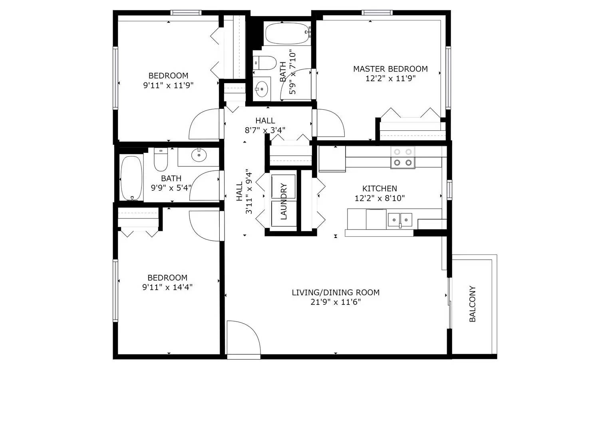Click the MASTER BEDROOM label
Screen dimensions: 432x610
[x=390, y=69]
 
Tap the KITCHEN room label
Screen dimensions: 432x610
[x=380, y=188]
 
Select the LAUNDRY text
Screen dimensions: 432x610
[x=284, y=202]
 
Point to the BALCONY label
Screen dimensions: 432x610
[x=472, y=304]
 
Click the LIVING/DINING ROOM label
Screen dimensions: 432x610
[x=336, y=292]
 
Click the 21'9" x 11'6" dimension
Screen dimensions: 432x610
[x=336, y=302]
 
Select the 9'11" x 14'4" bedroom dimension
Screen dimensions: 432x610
[x=167, y=287]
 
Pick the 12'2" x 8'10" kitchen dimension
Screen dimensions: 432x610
[x=380, y=198]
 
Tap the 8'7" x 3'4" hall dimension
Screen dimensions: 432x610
[x=265, y=130]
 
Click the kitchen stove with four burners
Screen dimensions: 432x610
[x=403, y=157]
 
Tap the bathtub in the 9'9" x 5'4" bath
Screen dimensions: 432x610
[x=131, y=178]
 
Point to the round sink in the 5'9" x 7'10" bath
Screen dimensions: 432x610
[x=262, y=89]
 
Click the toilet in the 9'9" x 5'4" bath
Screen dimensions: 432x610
[x=161, y=160]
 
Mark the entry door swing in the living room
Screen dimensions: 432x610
[x=243, y=338]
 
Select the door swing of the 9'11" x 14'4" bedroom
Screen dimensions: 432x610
[x=204, y=226]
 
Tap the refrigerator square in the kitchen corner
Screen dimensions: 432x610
[x=332, y=159]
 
